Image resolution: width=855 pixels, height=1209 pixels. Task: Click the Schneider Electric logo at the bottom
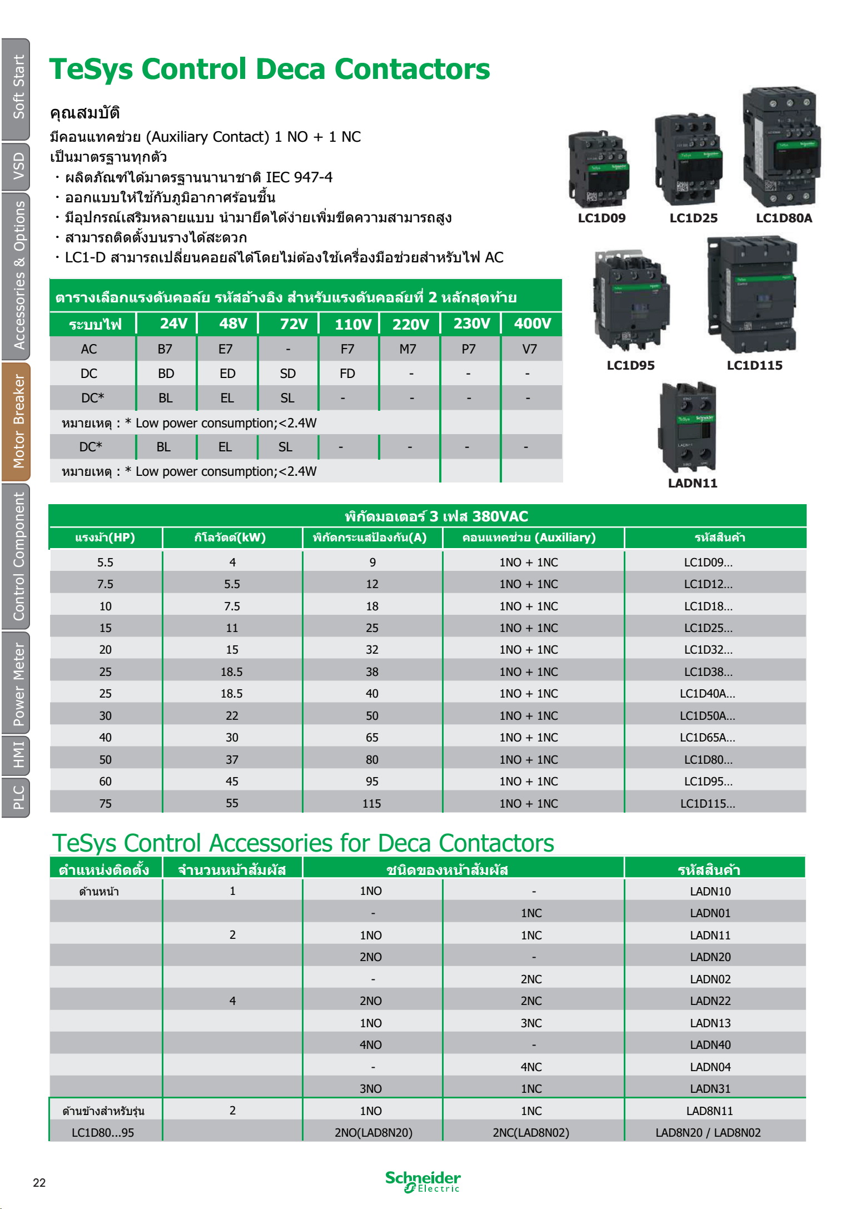point(422,1181)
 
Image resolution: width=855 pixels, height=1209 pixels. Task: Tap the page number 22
point(39,1182)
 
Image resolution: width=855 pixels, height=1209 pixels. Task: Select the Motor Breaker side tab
point(17,421)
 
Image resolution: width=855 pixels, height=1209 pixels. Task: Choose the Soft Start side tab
point(17,88)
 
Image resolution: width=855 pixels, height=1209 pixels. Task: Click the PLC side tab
point(17,797)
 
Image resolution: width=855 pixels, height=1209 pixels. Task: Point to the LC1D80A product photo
point(782,147)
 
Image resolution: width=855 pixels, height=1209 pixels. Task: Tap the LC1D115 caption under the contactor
point(754,365)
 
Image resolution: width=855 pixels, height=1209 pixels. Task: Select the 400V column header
point(532,324)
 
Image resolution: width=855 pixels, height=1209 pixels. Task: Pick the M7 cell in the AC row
point(407,349)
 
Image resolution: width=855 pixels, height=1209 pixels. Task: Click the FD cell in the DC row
point(347,374)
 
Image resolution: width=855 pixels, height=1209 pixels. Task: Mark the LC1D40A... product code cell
point(707,694)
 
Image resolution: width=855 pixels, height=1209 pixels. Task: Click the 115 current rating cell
point(372,803)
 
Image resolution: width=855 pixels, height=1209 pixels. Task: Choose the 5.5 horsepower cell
point(105,562)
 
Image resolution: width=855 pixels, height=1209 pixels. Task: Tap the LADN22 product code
point(710,1001)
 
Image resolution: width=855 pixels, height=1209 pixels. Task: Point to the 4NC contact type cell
point(531,1067)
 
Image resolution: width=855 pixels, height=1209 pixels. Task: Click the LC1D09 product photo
point(598,170)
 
